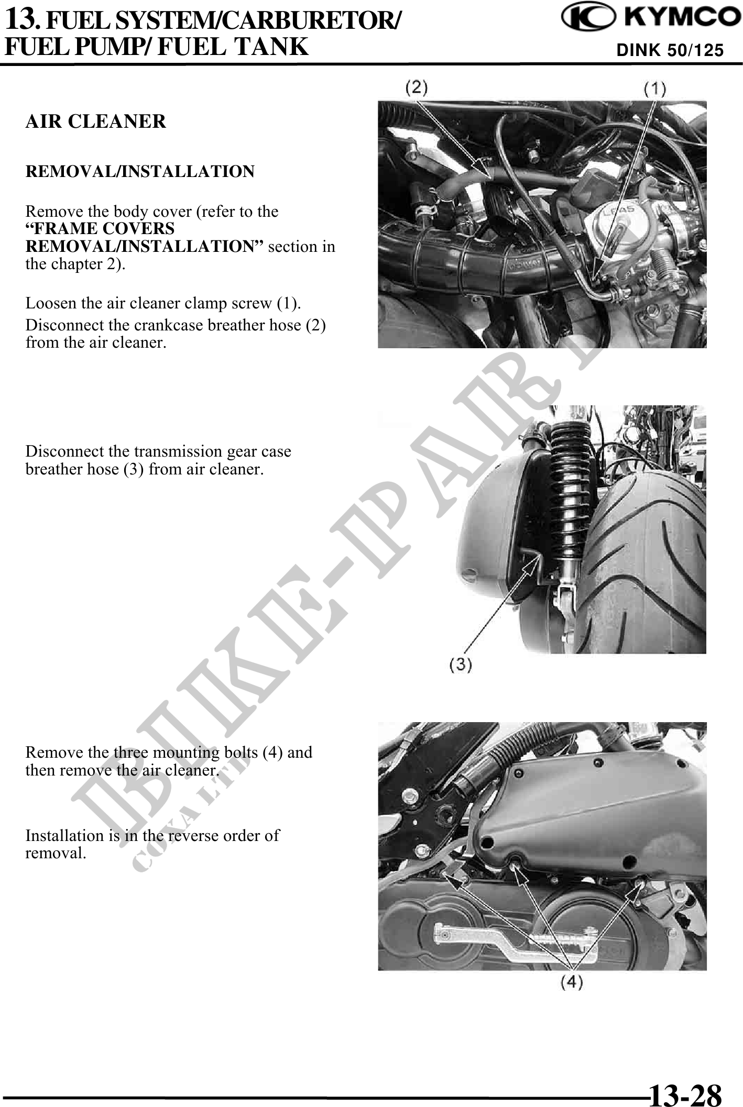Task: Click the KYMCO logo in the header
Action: (x=647, y=20)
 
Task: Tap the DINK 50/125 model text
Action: (x=670, y=50)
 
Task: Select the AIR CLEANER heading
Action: (x=96, y=121)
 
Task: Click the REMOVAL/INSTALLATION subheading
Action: (x=140, y=171)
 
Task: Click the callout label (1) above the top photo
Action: (x=654, y=90)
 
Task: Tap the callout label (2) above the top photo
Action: (x=418, y=87)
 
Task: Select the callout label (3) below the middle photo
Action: (x=461, y=665)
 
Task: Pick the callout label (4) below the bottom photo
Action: (x=572, y=983)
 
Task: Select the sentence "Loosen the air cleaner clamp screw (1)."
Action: (x=163, y=303)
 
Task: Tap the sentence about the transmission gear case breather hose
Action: (x=158, y=460)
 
